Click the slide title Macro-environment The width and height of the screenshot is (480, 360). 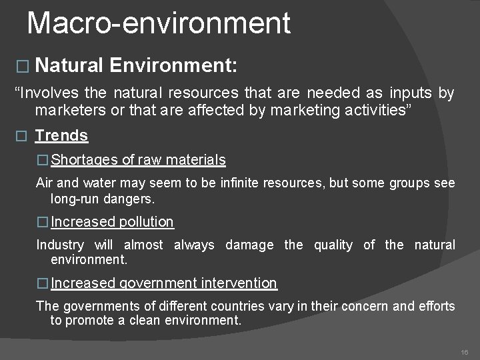pyautogui.click(x=159, y=23)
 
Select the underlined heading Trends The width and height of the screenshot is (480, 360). pyautogui.click(x=61, y=136)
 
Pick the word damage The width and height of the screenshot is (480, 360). pyautogui.click(x=249, y=245)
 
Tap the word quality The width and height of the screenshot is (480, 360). pyautogui.click(x=333, y=245)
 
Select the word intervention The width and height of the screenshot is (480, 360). pyautogui.click(x=240, y=283)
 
